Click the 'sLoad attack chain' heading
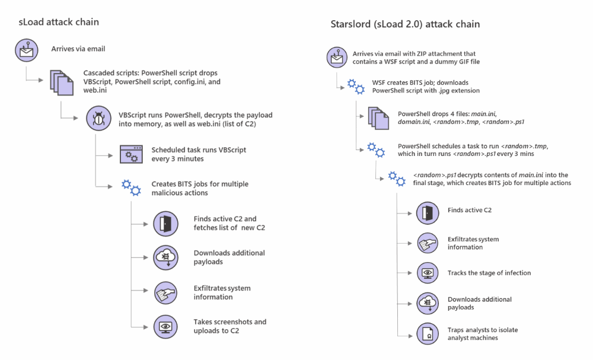click(x=58, y=22)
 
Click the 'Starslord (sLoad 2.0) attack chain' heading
click(x=405, y=24)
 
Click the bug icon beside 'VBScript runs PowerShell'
click(x=97, y=118)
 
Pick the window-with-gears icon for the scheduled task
click(x=130, y=154)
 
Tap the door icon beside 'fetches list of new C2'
click(x=165, y=223)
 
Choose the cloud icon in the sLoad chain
click(x=165, y=257)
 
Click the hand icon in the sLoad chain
click(x=165, y=292)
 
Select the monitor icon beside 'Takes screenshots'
click(x=165, y=326)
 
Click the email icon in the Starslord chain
click(x=336, y=58)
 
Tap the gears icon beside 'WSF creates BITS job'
click(x=355, y=87)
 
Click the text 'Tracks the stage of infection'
click(x=489, y=273)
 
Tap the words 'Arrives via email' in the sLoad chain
click(x=78, y=49)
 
